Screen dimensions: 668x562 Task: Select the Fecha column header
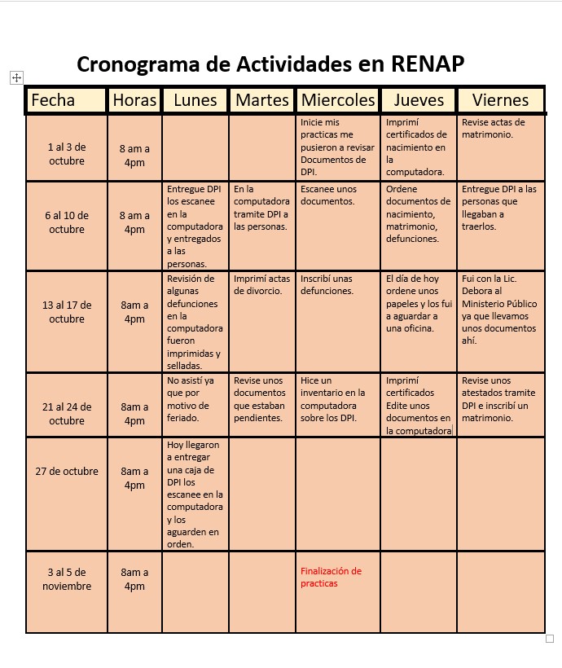53,100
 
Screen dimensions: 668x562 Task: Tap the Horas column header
135,100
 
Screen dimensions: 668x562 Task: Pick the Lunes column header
195,100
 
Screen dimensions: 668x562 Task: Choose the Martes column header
262,100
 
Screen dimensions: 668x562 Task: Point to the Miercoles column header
338,100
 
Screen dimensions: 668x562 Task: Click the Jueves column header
419,100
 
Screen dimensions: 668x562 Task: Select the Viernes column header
500,100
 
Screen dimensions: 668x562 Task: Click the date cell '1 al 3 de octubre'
66,154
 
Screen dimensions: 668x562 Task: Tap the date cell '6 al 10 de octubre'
66,222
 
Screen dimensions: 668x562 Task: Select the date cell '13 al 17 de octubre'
66,312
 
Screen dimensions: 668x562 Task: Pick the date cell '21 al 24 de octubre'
66,413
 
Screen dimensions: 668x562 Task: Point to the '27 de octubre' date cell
66,471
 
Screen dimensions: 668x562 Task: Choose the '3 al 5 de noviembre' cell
66,579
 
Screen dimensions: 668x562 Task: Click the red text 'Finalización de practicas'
331,577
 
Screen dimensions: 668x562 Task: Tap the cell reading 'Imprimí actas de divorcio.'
261,284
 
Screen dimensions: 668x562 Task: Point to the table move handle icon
15,77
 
